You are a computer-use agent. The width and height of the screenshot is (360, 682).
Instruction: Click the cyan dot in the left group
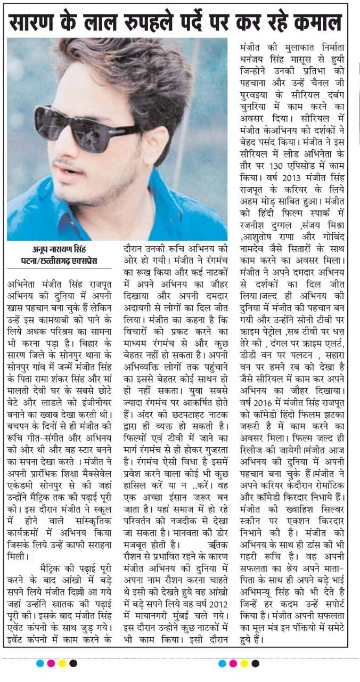(x=39, y=663)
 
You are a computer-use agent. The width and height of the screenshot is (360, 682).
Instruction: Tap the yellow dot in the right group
(x=244, y=663)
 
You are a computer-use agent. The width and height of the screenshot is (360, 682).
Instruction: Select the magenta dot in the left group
(x=51, y=663)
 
